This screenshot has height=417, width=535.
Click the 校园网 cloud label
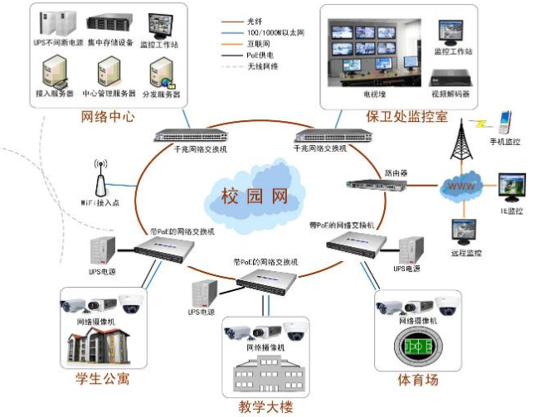[254, 196]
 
